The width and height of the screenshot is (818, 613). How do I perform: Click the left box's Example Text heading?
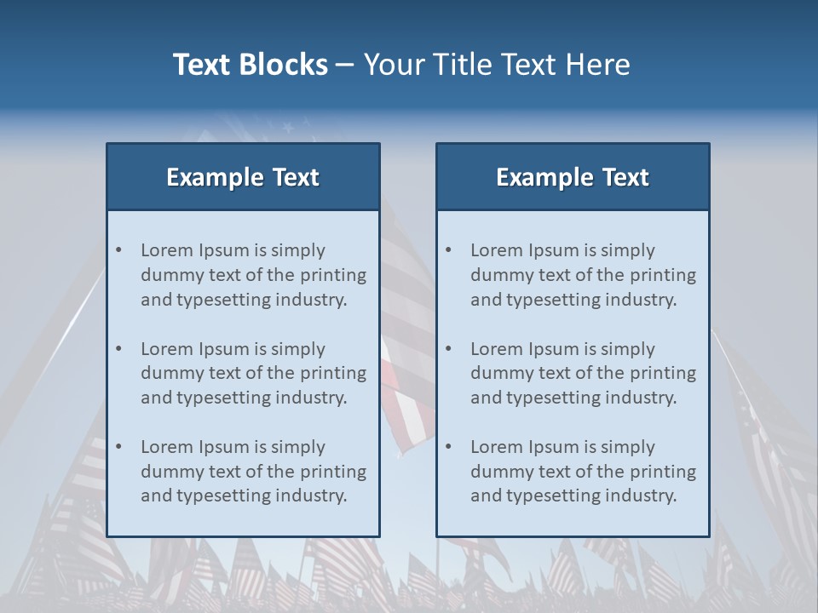(243, 177)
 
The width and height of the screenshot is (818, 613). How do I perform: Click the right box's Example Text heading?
(573, 177)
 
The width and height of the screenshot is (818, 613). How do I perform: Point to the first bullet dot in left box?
(119, 250)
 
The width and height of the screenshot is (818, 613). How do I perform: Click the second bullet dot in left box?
(119, 349)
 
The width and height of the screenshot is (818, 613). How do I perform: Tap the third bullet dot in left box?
(119, 447)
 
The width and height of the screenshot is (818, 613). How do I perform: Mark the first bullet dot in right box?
(449, 250)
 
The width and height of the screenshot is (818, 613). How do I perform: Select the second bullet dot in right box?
(449, 349)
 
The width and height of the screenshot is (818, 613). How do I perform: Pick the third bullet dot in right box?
(449, 447)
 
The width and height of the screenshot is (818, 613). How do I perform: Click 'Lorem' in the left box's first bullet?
(167, 250)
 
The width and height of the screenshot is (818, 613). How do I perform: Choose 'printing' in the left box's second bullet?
(332, 373)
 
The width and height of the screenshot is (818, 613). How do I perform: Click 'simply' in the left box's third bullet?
(298, 447)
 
